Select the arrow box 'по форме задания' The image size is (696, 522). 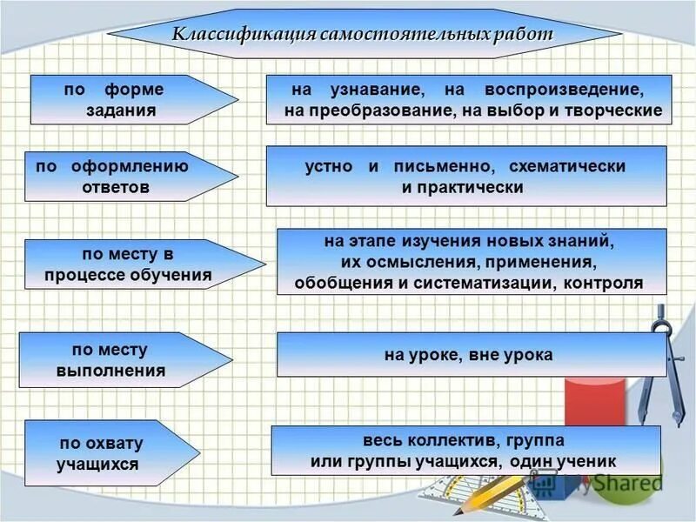(x=122, y=100)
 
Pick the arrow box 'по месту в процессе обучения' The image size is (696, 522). (x=130, y=265)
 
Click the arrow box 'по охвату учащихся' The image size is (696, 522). (x=100, y=453)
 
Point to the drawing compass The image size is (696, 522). (x=657, y=365)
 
